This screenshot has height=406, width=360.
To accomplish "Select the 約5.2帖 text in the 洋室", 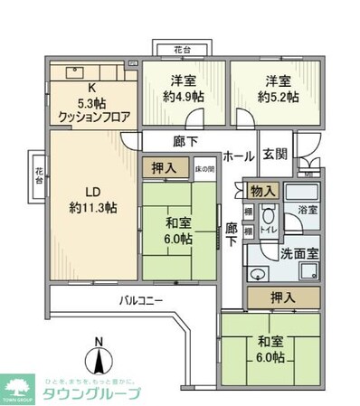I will [274, 96].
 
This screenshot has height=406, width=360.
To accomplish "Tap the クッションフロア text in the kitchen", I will [94, 116].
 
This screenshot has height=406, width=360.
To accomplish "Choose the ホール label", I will [238, 155].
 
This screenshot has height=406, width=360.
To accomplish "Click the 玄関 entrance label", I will [276, 155].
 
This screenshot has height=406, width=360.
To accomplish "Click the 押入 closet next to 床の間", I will [164, 167].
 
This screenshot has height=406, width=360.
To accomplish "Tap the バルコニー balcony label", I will [140, 300].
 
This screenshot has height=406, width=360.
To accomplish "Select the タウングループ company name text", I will [98, 393].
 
